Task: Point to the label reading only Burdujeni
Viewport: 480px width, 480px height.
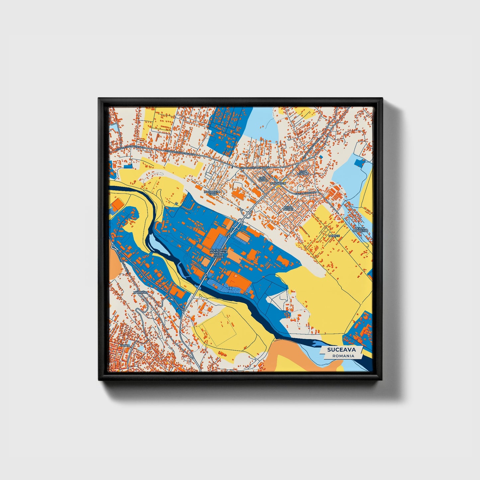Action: click(x=278, y=183)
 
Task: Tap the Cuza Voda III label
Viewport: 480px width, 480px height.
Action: click(x=303, y=173)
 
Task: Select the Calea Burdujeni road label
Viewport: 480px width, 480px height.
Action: click(x=305, y=193)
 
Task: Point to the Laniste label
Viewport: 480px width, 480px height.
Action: click(x=334, y=236)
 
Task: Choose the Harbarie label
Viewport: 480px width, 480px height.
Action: click(x=140, y=292)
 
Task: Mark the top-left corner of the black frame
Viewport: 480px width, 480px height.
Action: click(x=99, y=99)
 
